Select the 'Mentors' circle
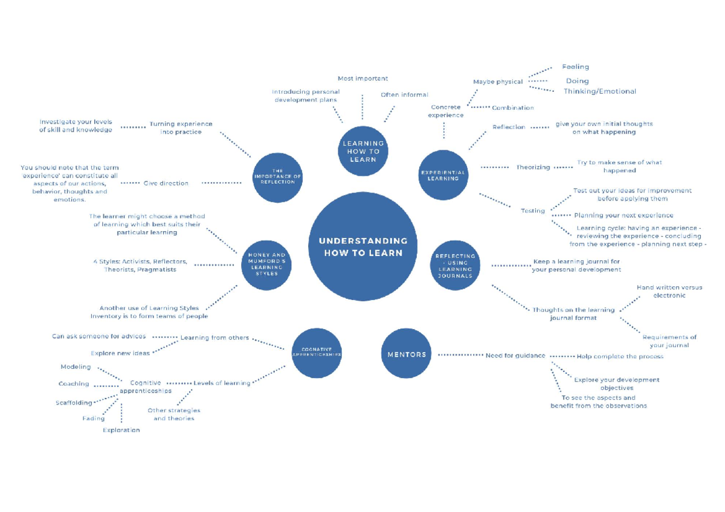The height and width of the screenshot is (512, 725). (407, 354)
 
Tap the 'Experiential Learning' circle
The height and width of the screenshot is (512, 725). (443, 175)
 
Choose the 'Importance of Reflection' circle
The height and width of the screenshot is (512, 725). (277, 178)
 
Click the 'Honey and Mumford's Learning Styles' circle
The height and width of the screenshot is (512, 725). (266, 264)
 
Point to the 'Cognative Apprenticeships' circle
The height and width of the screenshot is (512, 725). (317, 354)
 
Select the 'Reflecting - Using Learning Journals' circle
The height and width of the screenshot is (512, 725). (455, 266)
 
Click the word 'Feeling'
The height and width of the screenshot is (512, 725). (575, 67)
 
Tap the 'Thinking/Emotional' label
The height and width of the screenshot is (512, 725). (600, 92)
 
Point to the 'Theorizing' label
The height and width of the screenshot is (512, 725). (533, 167)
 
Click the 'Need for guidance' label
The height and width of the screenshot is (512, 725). (515, 356)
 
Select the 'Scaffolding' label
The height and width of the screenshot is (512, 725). (74, 403)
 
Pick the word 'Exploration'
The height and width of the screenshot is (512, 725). (121, 430)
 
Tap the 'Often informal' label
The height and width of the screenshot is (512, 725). (404, 95)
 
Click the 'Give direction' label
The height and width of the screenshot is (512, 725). (166, 183)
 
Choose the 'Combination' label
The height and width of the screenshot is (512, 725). (513, 108)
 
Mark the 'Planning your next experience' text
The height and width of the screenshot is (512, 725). (623, 216)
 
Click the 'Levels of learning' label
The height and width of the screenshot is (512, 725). (222, 383)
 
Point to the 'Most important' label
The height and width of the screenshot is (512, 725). (362, 78)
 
